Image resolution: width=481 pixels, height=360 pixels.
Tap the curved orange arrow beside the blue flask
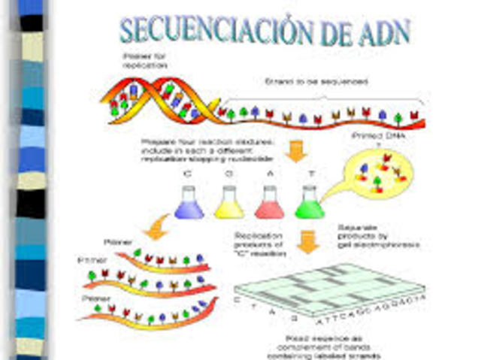tap(158, 226)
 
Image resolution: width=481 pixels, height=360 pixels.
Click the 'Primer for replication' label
tap(143, 59)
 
